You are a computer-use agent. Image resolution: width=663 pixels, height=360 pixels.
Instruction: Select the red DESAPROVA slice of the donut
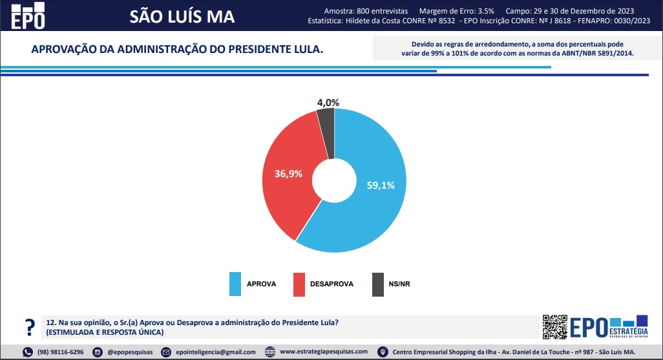284,194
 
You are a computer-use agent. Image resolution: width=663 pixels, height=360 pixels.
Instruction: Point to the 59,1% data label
381,184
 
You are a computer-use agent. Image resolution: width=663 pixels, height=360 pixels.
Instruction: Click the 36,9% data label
288,173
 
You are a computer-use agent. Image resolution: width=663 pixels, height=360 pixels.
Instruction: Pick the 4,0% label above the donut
328,102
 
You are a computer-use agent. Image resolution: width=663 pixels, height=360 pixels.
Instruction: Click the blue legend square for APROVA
235,284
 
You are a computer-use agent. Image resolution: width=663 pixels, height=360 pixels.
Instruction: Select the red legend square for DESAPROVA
299,284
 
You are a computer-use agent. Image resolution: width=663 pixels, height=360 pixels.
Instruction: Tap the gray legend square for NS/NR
377,284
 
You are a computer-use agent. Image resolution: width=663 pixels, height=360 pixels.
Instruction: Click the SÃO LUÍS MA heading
182,16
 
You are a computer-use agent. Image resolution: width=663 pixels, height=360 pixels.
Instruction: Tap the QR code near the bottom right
554,327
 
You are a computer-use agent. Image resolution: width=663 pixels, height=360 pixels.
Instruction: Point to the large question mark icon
28,326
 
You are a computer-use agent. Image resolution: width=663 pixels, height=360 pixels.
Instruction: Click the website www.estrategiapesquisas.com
324,352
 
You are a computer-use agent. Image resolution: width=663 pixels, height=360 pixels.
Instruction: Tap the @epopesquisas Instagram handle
129,352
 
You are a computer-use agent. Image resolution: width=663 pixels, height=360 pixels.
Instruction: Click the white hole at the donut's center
334,180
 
